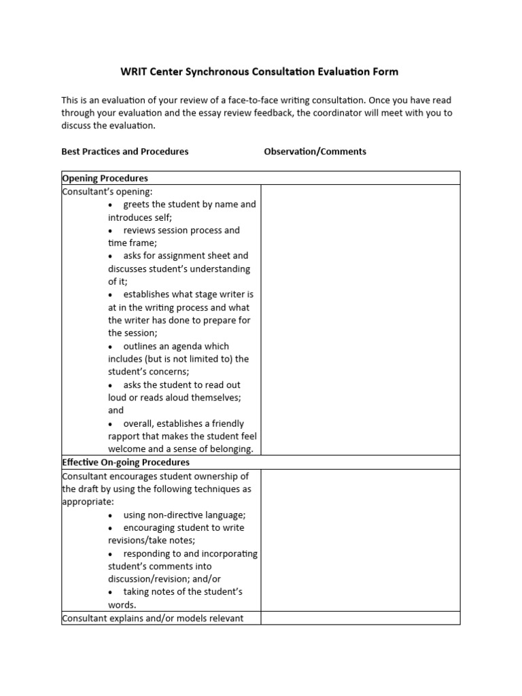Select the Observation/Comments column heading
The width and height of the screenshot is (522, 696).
coord(315,152)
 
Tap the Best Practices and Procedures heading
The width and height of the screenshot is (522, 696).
coord(125,152)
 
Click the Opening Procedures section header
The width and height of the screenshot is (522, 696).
coord(105,178)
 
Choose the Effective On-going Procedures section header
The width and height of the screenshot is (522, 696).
coord(126,462)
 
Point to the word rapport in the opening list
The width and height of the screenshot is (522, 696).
coord(124,436)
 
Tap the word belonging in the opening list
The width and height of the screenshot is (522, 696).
coord(229,449)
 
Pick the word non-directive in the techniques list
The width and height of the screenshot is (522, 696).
coord(178,515)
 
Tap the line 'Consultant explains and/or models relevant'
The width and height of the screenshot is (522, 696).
coord(152,619)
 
